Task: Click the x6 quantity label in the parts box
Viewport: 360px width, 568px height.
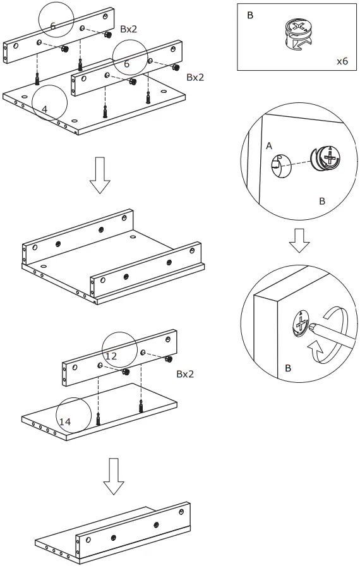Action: pyautogui.click(x=342, y=61)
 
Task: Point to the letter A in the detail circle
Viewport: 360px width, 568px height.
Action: pyautogui.click(x=269, y=146)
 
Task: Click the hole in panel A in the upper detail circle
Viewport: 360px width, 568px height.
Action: pyautogui.click(x=275, y=166)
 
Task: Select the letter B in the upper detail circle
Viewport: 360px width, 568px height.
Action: pyautogui.click(x=321, y=201)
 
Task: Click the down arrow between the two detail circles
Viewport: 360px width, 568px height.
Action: pyautogui.click(x=299, y=241)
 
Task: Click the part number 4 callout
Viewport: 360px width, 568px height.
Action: pyautogui.click(x=44, y=109)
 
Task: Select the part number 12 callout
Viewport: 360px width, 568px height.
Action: pyautogui.click(x=111, y=356)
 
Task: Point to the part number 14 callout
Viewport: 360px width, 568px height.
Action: pyautogui.click(x=64, y=421)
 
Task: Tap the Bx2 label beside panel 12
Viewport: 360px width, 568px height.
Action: pyautogui.click(x=185, y=374)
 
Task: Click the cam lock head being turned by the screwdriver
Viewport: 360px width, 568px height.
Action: pyautogui.click(x=299, y=325)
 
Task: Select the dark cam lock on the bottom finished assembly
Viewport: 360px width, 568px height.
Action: pyautogui.click(x=114, y=537)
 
